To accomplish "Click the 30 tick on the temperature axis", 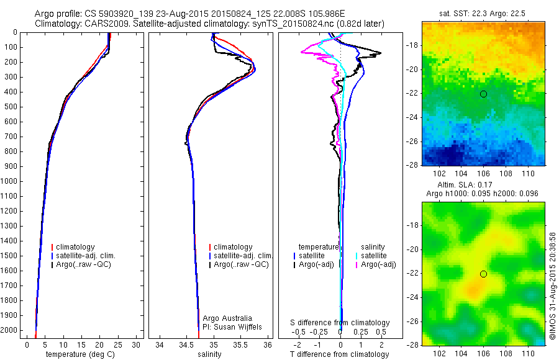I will (136, 344).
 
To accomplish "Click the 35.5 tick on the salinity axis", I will (241, 344).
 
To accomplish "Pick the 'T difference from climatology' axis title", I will (340, 354).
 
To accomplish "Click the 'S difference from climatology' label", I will (340, 323).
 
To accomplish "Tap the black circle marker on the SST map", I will (483, 94).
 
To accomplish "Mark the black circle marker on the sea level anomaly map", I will (483, 274).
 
